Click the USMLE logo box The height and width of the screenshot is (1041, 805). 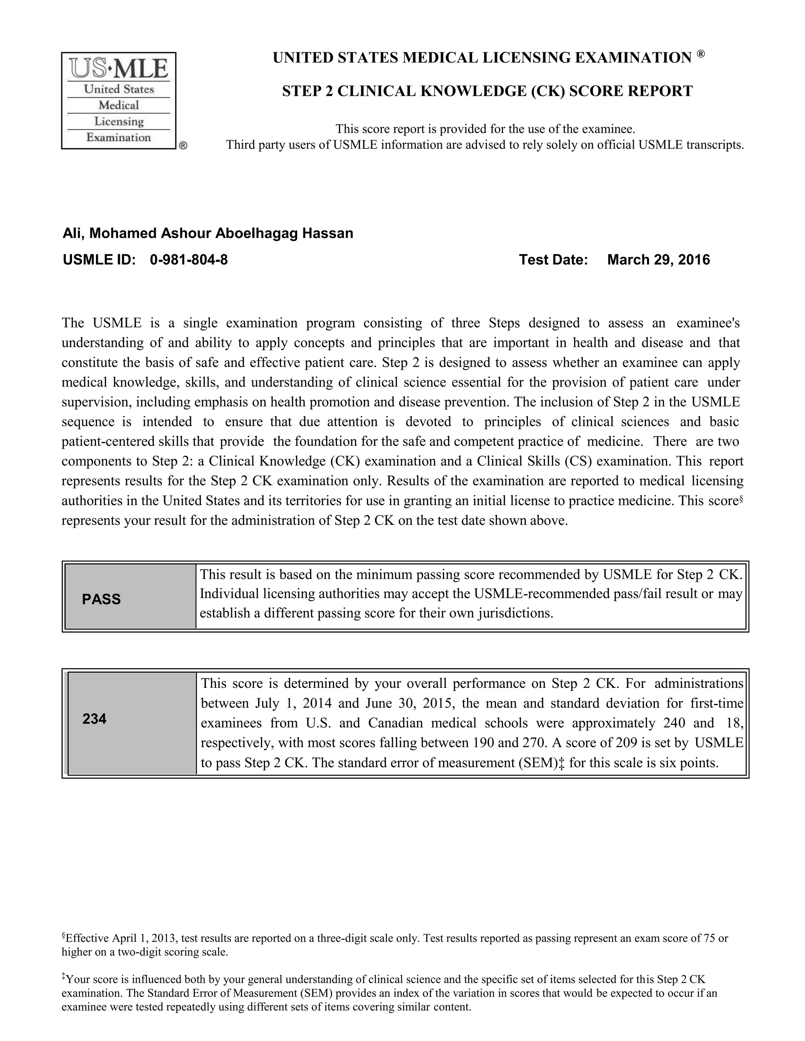tap(119, 101)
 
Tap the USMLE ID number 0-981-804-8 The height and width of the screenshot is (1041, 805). tap(188, 260)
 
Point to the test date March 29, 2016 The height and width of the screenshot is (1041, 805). tap(659, 260)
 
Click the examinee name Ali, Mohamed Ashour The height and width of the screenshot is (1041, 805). tap(208, 234)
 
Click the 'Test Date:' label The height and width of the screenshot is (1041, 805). tap(553, 260)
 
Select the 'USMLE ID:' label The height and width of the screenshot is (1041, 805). tap(100, 260)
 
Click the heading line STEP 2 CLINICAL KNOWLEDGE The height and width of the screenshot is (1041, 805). tap(487, 91)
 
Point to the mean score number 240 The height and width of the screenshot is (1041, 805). tap(675, 723)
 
